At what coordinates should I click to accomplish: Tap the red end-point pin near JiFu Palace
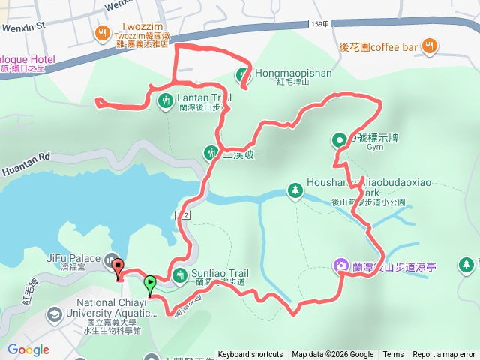pyautogui.click(x=117, y=266)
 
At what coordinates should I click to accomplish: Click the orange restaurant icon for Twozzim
pyautogui.click(x=102, y=33)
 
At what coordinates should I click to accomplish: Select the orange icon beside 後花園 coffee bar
pyautogui.click(x=428, y=46)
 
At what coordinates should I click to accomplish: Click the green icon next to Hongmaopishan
pyautogui.click(x=242, y=74)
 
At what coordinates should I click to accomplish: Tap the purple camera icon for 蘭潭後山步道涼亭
pyautogui.click(x=340, y=265)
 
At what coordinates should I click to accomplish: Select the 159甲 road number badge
pyautogui.click(x=318, y=25)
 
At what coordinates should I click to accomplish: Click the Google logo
pyautogui.click(x=28, y=349)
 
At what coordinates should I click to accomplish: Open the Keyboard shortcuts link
pyautogui.click(x=250, y=355)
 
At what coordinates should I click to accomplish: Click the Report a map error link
pyautogui.click(x=444, y=355)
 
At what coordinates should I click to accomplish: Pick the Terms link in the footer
pyautogui.click(x=393, y=355)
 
